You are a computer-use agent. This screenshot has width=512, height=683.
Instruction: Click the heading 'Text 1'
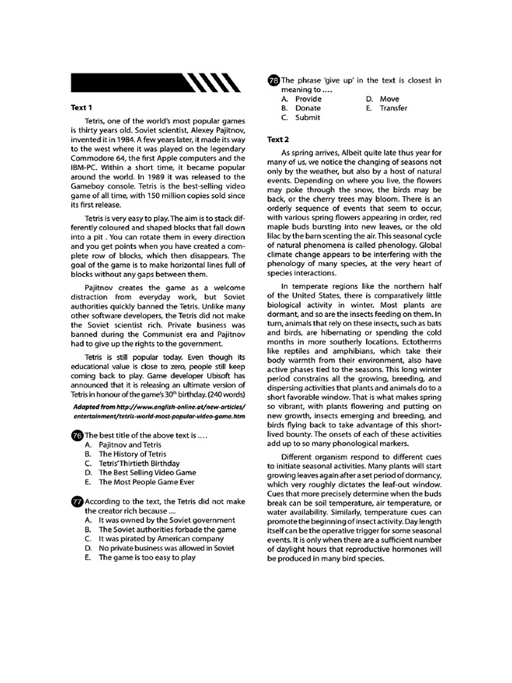(x=81, y=107)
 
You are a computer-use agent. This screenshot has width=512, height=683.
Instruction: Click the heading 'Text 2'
(x=277, y=139)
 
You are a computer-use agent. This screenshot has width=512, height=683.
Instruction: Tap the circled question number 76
(x=76, y=436)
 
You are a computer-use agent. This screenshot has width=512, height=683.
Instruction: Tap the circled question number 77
(x=76, y=501)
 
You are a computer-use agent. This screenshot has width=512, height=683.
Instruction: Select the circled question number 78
(x=273, y=80)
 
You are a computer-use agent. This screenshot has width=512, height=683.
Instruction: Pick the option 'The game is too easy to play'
(x=147, y=558)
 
